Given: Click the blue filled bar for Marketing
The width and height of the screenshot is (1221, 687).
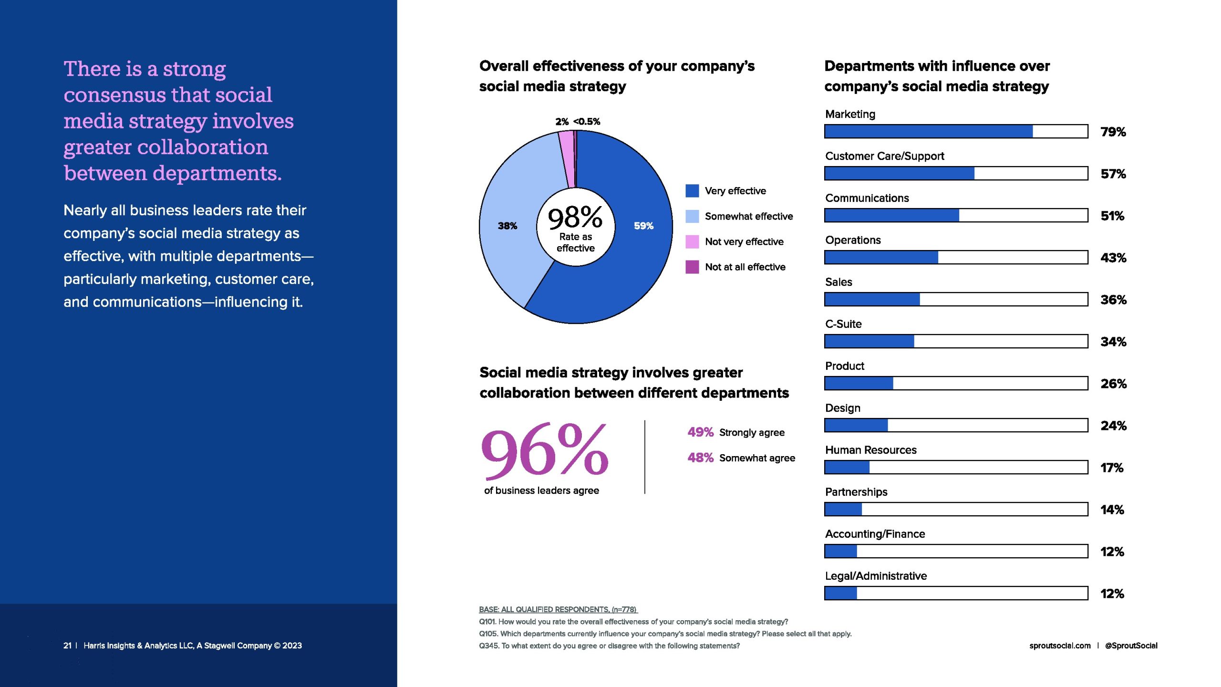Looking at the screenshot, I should (929, 131).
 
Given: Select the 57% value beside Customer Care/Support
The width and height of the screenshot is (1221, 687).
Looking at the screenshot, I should (1113, 174).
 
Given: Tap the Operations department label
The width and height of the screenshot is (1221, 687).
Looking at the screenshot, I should (853, 240).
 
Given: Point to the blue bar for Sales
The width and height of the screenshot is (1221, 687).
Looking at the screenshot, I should (872, 299).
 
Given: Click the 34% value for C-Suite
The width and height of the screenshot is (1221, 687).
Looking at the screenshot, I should (1113, 342).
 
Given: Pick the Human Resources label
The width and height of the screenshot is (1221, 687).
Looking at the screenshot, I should (870, 450).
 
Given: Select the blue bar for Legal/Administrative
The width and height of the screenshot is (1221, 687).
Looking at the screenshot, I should (841, 593).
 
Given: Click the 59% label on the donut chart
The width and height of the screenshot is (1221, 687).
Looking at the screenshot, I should (643, 226).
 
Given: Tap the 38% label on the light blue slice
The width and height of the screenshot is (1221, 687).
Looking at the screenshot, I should (507, 226).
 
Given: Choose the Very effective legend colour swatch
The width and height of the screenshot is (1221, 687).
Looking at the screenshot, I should (692, 191).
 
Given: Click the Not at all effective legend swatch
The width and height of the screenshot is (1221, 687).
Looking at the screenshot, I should (692, 267).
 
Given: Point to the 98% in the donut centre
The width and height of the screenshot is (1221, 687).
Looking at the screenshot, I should (575, 218).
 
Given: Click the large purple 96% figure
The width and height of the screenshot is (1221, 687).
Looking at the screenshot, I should (544, 451).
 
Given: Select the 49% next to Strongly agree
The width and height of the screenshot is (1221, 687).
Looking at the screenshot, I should (700, 432).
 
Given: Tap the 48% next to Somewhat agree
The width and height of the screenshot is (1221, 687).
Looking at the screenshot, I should (700, 458).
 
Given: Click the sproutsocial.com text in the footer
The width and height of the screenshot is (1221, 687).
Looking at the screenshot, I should (1060, 645).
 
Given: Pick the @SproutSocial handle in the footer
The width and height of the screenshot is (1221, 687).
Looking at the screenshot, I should (1131, 645).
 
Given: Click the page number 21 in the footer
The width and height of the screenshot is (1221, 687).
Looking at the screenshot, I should (67, 645).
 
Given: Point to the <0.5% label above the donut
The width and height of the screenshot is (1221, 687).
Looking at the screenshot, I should (587, 122).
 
